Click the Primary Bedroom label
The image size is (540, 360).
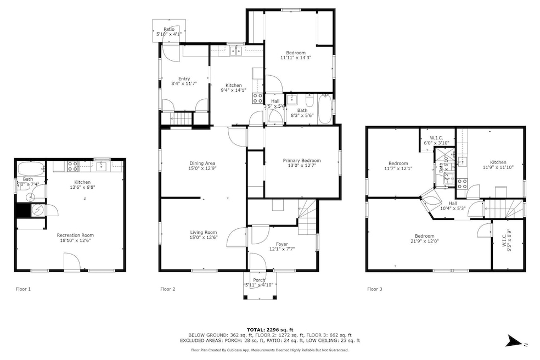point(301,161)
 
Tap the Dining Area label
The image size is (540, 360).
point(202,163)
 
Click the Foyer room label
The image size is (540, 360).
point(282,244)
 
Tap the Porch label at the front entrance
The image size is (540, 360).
point(258,280)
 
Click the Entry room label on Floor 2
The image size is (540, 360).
point(184,79)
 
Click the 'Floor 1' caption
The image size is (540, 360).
point(23,289)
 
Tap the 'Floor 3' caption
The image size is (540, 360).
point(375,289)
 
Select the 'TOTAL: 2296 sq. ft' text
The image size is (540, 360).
point(269,329)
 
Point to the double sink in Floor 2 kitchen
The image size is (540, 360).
point(237,51)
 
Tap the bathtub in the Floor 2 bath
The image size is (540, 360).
point(325,109)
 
